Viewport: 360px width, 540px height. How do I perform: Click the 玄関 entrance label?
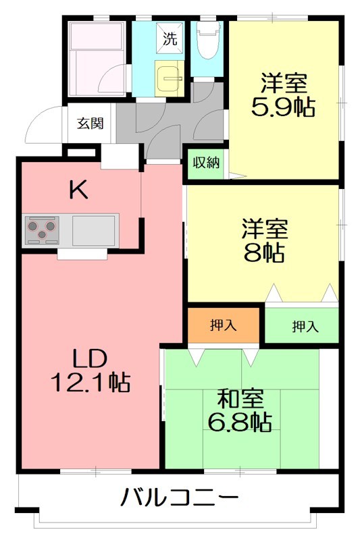point(89,124)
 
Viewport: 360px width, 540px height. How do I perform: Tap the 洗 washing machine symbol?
point(170,38)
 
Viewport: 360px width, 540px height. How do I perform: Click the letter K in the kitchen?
point(79,191)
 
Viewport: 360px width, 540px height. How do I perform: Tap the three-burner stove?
point(43,230)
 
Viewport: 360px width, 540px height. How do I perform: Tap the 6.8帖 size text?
point(239,422)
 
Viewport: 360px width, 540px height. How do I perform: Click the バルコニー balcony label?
point(179,500)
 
